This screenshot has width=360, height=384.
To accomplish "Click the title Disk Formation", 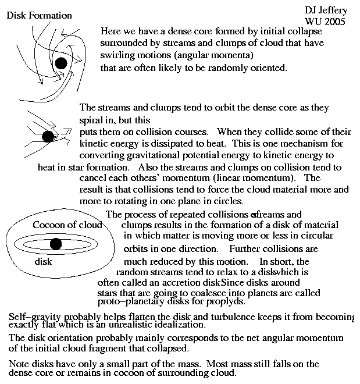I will point(40,15).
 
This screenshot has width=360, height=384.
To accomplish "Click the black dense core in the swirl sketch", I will point(61,63).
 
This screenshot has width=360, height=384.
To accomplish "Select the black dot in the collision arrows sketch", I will point(49,136).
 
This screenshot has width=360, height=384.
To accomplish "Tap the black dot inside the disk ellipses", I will point(56,244).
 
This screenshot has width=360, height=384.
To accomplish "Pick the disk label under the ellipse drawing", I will point(44,262).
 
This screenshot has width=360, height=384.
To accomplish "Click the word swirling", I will point(117,55).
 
